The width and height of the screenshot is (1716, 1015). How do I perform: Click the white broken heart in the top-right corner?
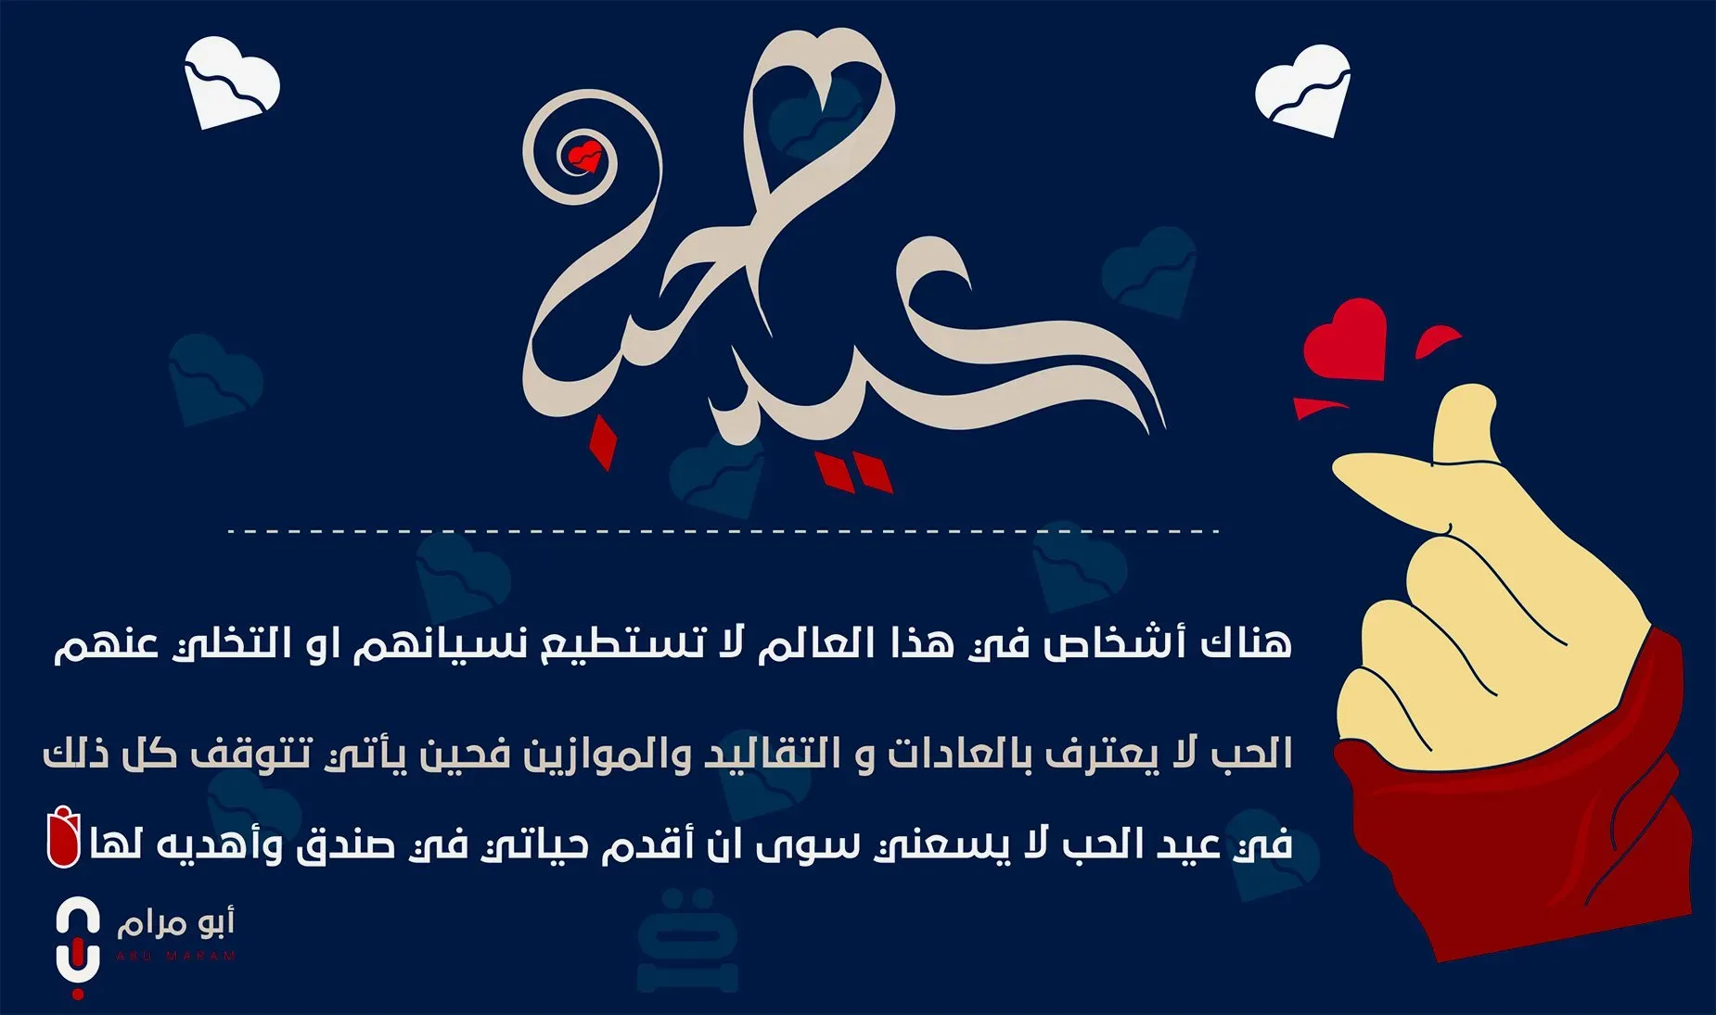[x=1302, y=89]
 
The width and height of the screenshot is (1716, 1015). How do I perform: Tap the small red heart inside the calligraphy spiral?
[x=585, y=156]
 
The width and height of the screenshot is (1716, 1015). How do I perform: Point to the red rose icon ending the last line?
[x=64, y=837]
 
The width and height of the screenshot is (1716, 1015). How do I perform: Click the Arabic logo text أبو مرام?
[x=175, y=922]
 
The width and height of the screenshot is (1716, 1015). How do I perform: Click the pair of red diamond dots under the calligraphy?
[x=852, y=472]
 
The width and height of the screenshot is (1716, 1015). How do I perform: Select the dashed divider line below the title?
[x=723, y=531]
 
